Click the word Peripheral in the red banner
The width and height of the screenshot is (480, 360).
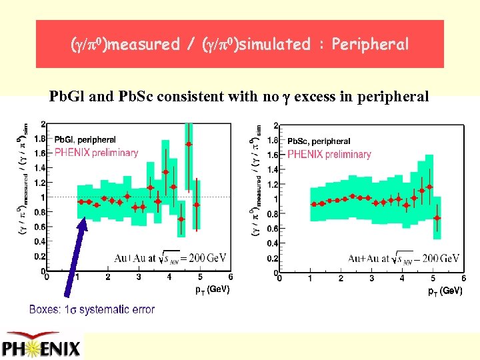pyautogui.click(x=370, y=45)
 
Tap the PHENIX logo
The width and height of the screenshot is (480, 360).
pyautogui.click(x=41, y=347)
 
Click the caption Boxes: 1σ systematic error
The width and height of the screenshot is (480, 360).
pyautogui.click(x=92, y=309)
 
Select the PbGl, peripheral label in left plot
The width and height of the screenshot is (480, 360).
pyautogui.click(x=85, y=140)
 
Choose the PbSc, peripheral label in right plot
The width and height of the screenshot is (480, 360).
pyautogui.click(x=319, y=141)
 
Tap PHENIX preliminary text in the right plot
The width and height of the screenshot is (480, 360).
pyautogui.click(x=329, y=154)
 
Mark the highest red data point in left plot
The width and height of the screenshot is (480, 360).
pyautogui.click(x=189, y=144)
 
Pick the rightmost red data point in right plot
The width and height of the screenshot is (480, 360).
pyautogui.click(x=437, y=217)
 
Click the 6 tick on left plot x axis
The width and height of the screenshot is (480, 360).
pyautogui.click(x=231, y=277)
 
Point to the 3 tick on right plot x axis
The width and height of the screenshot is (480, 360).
pyautogui.click(x=371, y=278)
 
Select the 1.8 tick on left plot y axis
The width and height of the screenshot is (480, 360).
pyautogui.click(x=41, y=139)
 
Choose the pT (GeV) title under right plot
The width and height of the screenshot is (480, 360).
pyautogui.click(x=445, y=291)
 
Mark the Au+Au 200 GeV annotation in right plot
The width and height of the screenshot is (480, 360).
pyautogui.click(x=403, y=258)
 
